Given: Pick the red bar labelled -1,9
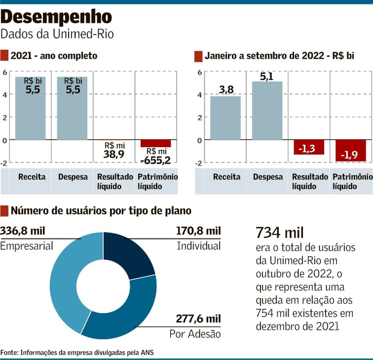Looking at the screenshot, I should tap(350, 150).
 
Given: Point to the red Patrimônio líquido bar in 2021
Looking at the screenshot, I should tap(156, 143).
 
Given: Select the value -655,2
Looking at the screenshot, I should tap(156, 160).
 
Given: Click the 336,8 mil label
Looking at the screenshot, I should tap(23, 231).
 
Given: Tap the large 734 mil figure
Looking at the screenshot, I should tap(280, 233).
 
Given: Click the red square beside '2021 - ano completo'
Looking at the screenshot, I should tap(4, 56).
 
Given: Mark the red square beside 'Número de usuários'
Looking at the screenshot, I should tap(4, 211).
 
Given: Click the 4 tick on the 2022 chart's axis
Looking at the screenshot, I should tap(200, 94).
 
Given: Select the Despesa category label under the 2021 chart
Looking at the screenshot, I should tap(73, 177).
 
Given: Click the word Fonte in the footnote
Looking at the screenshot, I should tap(9, 352).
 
